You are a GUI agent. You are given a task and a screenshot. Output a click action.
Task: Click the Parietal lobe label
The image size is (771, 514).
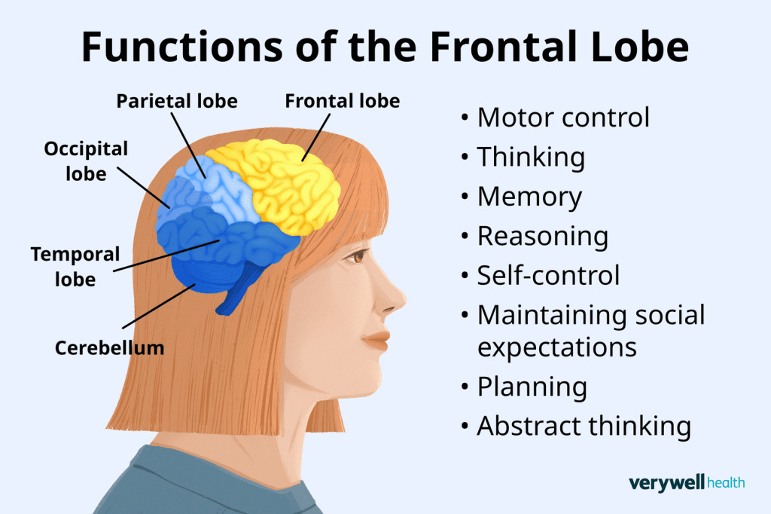point(176,100)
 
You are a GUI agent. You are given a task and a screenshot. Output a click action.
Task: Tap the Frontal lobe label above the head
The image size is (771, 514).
point(342,100)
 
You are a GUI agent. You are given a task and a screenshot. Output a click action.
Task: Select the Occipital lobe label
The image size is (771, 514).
point(86,161)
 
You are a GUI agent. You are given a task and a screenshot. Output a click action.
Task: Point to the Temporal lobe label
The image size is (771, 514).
point(75,266)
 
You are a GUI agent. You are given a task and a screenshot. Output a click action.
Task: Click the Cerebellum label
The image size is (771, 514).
point(109,348)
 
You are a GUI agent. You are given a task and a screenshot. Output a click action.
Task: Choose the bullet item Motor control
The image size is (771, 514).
point(563,118)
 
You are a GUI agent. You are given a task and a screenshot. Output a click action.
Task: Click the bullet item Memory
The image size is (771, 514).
point(529,197)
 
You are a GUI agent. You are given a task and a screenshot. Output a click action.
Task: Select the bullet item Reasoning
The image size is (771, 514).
point(542,236)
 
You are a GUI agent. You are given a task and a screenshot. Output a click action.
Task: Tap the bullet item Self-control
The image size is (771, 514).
point(548,275)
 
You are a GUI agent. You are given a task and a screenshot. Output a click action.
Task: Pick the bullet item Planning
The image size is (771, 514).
point(532,387)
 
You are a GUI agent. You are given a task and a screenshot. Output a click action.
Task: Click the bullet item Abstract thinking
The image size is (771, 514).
point(584,426)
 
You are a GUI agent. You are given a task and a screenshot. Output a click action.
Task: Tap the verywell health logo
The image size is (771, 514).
point(686,482)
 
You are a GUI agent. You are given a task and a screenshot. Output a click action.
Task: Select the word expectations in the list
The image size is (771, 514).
point(557,347)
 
